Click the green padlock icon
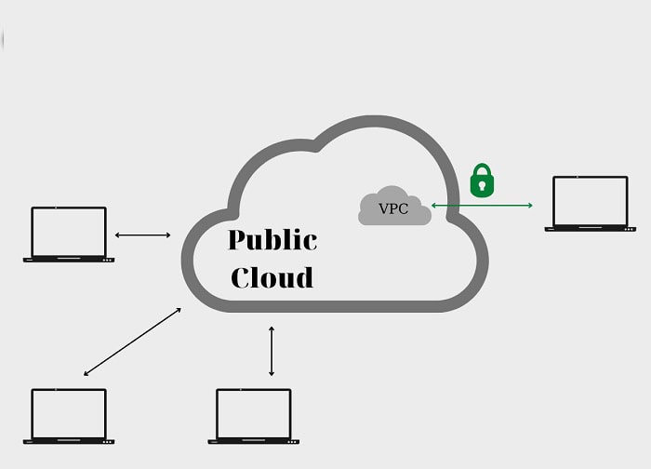pos(481,181)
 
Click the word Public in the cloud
pos(272,240)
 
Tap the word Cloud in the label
pos(272,277)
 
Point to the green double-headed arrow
pos(481,204)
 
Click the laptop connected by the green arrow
pos(590,203)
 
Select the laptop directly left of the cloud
pos(69,234)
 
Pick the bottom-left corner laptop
pos(69,415)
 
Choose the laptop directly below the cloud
pos(253,415)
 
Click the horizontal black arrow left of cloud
pos(142,234)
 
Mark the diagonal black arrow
pos(132,342)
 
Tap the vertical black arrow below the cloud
pos(272,351)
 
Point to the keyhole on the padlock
pos(481,185)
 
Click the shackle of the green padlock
pos(481,170)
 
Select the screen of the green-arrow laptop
pos(590,199)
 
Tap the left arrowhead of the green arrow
pos(433,204)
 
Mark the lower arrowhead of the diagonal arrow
pos(86,374)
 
